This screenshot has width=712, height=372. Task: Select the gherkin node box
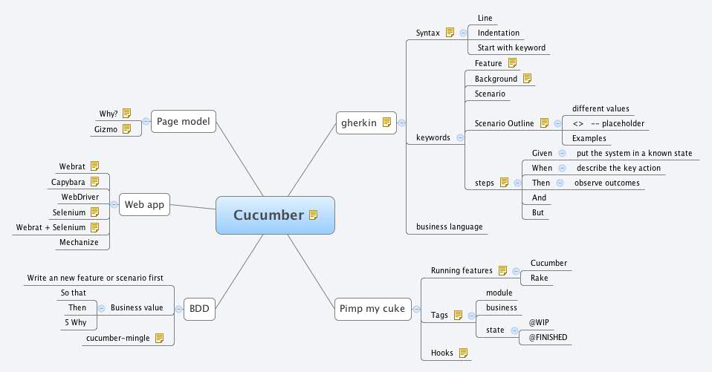(366, 123)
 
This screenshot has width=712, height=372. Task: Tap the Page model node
(184, 121)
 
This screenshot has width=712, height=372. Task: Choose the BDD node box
(199, 309)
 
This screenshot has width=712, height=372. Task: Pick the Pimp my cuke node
(372, 309)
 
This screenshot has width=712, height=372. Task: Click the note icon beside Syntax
(449, 33)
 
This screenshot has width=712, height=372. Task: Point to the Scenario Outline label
(504, 123)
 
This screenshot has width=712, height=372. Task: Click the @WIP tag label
(539, 323)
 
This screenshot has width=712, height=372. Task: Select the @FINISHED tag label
(547, 337)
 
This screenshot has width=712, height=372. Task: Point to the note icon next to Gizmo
(127, 128)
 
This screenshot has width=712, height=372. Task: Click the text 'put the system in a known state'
(634, 153)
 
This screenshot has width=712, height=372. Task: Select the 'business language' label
(449, 226)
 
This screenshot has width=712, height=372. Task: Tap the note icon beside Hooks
(463, 353)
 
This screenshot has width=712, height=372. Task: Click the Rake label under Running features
(539, 278)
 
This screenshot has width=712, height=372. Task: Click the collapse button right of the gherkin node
(401, 123)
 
